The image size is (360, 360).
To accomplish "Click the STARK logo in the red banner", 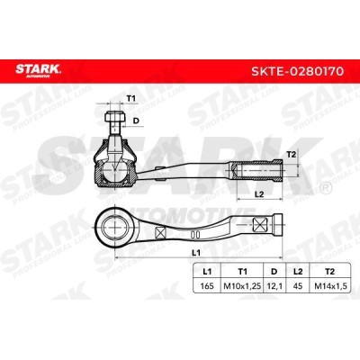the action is click(39, 71).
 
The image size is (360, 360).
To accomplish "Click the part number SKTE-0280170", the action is click(297, 71).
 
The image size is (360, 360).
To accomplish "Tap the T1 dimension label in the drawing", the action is click(131, 98).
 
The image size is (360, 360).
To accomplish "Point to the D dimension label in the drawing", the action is click(136, 121).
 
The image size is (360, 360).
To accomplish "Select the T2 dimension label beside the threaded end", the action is click(292, 155).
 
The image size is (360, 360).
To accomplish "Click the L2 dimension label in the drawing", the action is click(259, 194).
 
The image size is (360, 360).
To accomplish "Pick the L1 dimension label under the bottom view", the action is click(196, 253).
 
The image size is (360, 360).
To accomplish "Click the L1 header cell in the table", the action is click(207, 272).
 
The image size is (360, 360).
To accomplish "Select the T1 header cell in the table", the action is click(242, 272).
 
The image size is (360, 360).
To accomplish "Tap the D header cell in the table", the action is click(274, 272).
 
